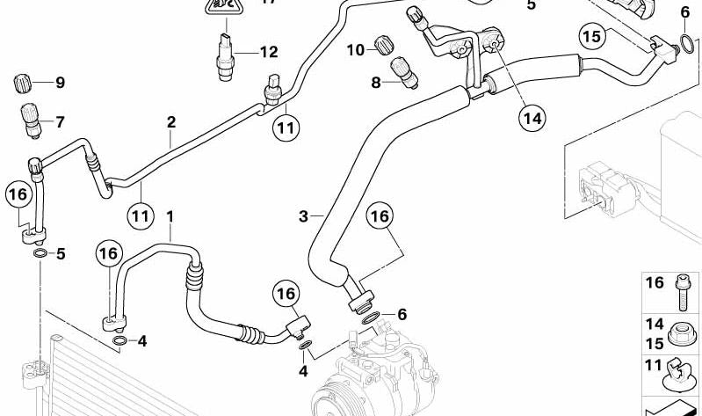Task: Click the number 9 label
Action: pos(60,84)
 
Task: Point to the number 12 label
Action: pos(268,52)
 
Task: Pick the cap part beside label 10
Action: pos(383,44)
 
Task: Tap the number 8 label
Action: pos(376,84)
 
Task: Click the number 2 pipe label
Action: pos(171,122)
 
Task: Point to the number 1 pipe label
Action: pos(170,215)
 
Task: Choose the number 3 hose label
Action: pos(303,216)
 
